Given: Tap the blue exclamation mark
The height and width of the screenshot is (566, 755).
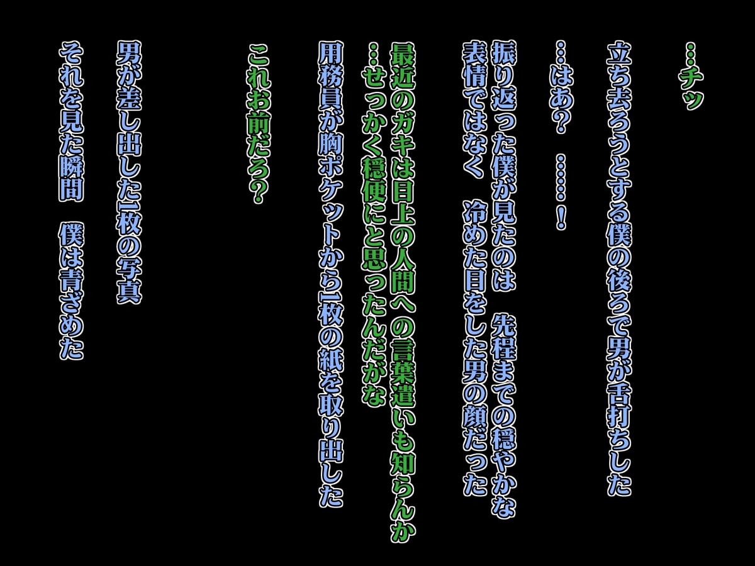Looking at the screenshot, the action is [561, 216].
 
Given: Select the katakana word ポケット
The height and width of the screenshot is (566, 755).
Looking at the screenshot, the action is [330, 206].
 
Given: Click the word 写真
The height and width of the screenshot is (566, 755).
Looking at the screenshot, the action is [130, 279].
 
